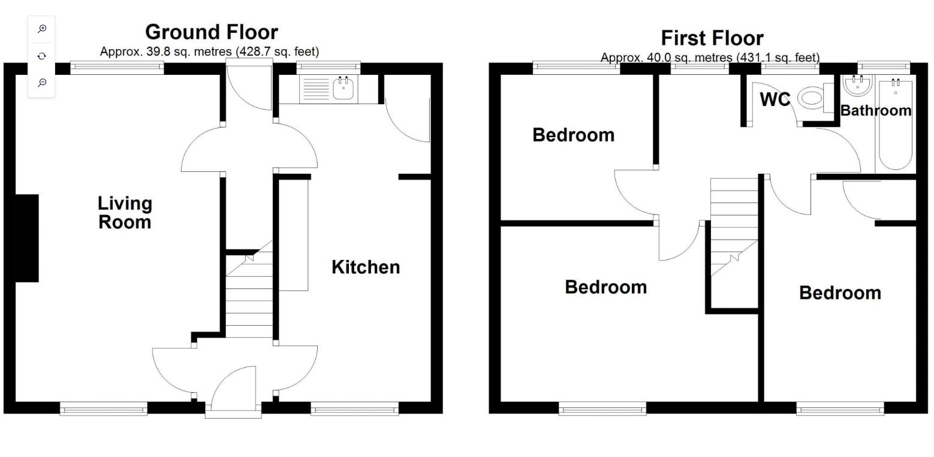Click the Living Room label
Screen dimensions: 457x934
125,213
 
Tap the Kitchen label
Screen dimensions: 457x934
366,267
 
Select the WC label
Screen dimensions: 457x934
775,99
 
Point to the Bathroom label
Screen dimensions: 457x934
876,110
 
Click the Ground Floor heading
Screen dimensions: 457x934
211,31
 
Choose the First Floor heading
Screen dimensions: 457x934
712,38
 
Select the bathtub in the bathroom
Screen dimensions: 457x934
895,126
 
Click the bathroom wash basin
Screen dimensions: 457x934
857,85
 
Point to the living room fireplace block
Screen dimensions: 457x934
27,238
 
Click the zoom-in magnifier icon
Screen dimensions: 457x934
42,29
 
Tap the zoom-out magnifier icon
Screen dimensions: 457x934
42,83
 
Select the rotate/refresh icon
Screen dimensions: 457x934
42,56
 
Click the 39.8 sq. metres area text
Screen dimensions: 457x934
209,52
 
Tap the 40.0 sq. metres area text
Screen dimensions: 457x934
710,57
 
